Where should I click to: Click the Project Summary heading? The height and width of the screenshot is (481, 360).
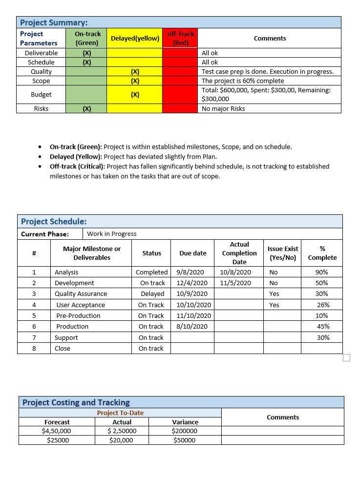(x=54, y=22)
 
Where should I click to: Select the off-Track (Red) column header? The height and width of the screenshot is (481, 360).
(x=180, y=38)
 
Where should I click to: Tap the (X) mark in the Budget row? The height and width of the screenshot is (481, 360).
(x=135, y=95)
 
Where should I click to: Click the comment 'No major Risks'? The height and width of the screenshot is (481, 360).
(x=223, y=109)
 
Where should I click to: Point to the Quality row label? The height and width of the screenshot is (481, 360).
(x=41, y=71)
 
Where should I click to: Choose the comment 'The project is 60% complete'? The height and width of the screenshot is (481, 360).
(x=242, y=81)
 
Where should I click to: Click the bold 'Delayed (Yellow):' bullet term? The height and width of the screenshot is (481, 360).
(x=76, y=157)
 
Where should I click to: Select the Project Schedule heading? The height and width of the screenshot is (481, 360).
(x=54, y=222)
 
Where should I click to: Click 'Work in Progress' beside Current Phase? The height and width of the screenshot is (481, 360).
(x=111, y=234)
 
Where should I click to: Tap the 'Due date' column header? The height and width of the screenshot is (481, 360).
(x=192, y=253)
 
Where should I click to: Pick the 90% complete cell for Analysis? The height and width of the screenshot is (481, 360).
(x=322, y=272)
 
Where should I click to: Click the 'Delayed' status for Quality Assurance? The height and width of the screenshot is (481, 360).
(x=152, y=294)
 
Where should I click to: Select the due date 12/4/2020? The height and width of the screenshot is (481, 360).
(x=192, y=283)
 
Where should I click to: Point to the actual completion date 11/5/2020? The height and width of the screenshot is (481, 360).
(x=235, y=283)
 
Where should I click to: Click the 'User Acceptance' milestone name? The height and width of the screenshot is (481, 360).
(x=81, y=305)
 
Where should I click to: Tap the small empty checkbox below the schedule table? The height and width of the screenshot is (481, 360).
(x=347, y=358)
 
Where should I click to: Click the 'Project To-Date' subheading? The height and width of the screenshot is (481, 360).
(x=120, y=413)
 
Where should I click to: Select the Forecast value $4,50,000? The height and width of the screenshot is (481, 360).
(x=57, y=431)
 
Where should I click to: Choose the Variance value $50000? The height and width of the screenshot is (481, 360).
(x=185, y=440)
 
